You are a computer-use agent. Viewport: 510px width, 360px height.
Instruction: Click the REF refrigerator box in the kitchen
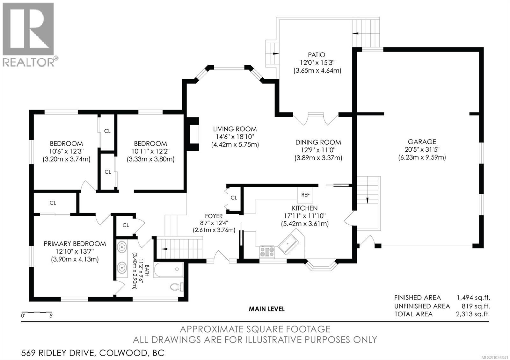(x=305, y=195)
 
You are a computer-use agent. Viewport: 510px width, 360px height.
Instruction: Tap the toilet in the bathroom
(x=177, y=287)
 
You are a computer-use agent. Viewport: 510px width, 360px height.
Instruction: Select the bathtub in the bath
(x=169, y=270)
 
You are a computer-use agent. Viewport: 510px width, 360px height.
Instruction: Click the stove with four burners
(x=267, y=252)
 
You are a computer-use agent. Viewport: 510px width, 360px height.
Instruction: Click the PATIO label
(x=317, y=55)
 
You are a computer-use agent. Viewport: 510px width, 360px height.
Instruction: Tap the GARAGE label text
(x=422, y=142)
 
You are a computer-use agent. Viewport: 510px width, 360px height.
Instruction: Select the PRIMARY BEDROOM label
(x=75, y=244)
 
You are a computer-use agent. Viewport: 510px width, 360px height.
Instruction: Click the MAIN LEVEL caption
(x=266, y=309)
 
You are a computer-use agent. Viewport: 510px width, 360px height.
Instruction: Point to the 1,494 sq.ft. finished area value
(x=473, y=298)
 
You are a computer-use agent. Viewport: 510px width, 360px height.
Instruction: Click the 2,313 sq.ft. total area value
(x=473, y=314)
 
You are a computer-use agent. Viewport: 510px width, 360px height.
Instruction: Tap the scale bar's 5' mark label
(x=51, y=316)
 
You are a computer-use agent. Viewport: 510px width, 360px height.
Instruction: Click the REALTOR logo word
(x=29, y=62)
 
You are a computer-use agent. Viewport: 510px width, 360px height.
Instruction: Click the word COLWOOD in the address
(x=123, y=353)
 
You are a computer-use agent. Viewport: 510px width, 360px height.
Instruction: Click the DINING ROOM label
(x=318, y=142)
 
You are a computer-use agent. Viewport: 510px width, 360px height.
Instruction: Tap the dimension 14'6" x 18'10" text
(x=235, y=137)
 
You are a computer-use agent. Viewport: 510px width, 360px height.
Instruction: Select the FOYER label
(x=214, y=216)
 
